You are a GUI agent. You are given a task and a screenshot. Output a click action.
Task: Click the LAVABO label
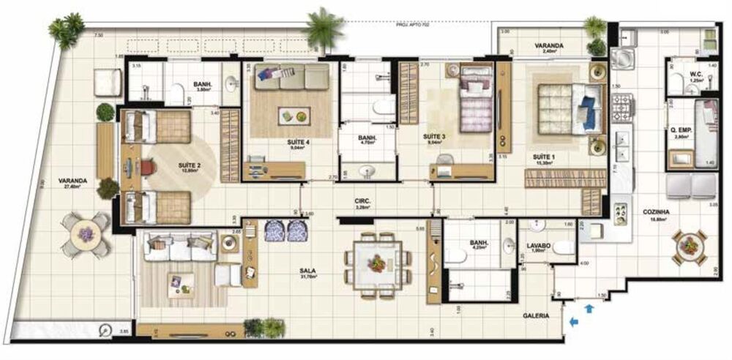tap(538, 245)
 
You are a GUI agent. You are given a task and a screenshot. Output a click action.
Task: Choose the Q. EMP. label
tap(681, 131)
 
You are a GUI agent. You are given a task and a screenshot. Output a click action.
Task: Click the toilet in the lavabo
tap(564, 248)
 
